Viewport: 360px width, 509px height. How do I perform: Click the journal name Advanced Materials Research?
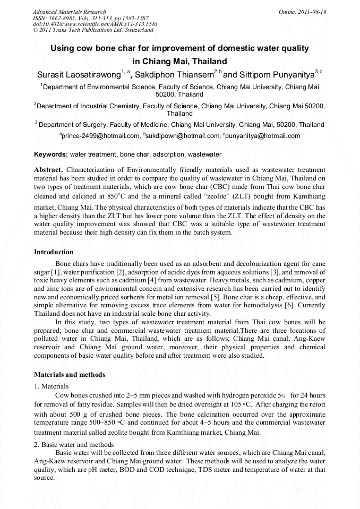[69, 12]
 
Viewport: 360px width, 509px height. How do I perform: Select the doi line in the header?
[95, 24]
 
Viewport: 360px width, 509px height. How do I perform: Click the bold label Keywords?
[51, 154]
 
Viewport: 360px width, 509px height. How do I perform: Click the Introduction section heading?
[54, 252]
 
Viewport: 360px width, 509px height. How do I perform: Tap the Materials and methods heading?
[70, 374]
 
